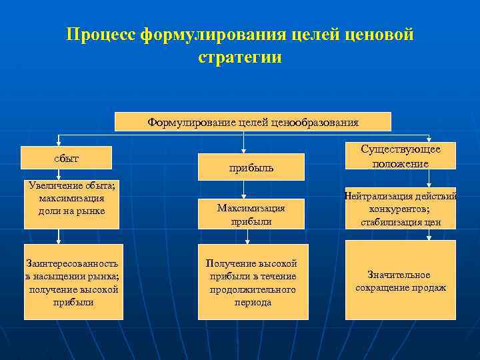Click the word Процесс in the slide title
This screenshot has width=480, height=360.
point(101,34)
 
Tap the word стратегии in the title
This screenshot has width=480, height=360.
point(240,57)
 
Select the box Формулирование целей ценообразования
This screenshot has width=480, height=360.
point(253,122)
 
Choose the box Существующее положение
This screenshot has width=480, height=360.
point(400,156)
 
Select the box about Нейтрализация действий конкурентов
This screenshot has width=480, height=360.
point(400,209)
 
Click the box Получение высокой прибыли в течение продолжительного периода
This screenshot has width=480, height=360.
point(253,283)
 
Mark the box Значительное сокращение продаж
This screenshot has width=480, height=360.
point(400,281)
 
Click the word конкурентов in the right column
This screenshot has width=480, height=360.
point(400,209)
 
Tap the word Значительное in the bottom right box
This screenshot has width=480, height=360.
point(399,275)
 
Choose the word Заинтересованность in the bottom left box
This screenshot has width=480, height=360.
point(72,264)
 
